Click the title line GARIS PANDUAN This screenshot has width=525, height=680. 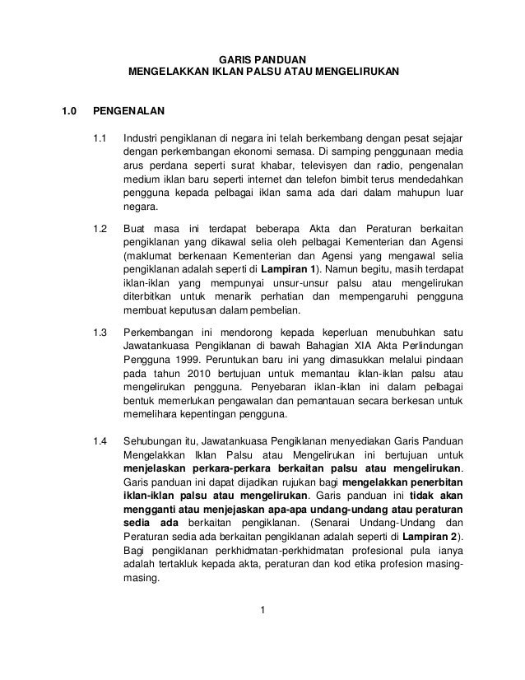click(263, 60)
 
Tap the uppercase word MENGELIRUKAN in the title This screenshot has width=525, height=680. click(355, 74)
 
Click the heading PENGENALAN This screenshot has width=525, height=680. click(130, 109)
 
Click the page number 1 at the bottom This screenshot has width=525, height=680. click(262, 610)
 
